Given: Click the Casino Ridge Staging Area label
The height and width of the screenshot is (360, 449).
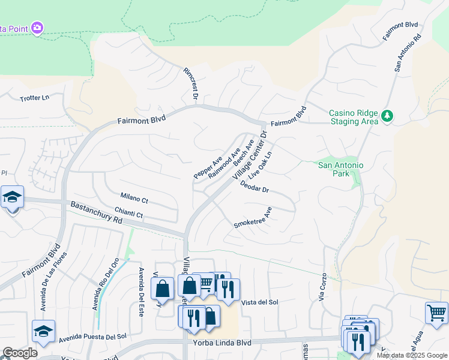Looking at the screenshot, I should pyautogui.click(x=354, y=117).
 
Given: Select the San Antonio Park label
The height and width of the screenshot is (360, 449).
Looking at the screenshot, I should pyautogui.click(x=341, y=169).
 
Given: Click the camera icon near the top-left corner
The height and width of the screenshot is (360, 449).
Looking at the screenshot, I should pyautogui.click(x=37, y=28).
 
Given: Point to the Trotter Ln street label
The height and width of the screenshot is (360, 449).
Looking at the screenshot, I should pyautogui.click(x=34, y=98).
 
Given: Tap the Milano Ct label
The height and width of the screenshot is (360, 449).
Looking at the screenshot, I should pyautogui.click(x=134, y=197).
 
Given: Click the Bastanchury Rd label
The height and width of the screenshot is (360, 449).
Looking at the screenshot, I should pyautogui.click(x=96, y=212).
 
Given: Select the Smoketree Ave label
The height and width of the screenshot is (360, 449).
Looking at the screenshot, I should pyautogui.click(x=253, y=218).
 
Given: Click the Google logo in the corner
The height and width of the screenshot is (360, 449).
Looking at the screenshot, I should pyautogui.click(x=19, y=353).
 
